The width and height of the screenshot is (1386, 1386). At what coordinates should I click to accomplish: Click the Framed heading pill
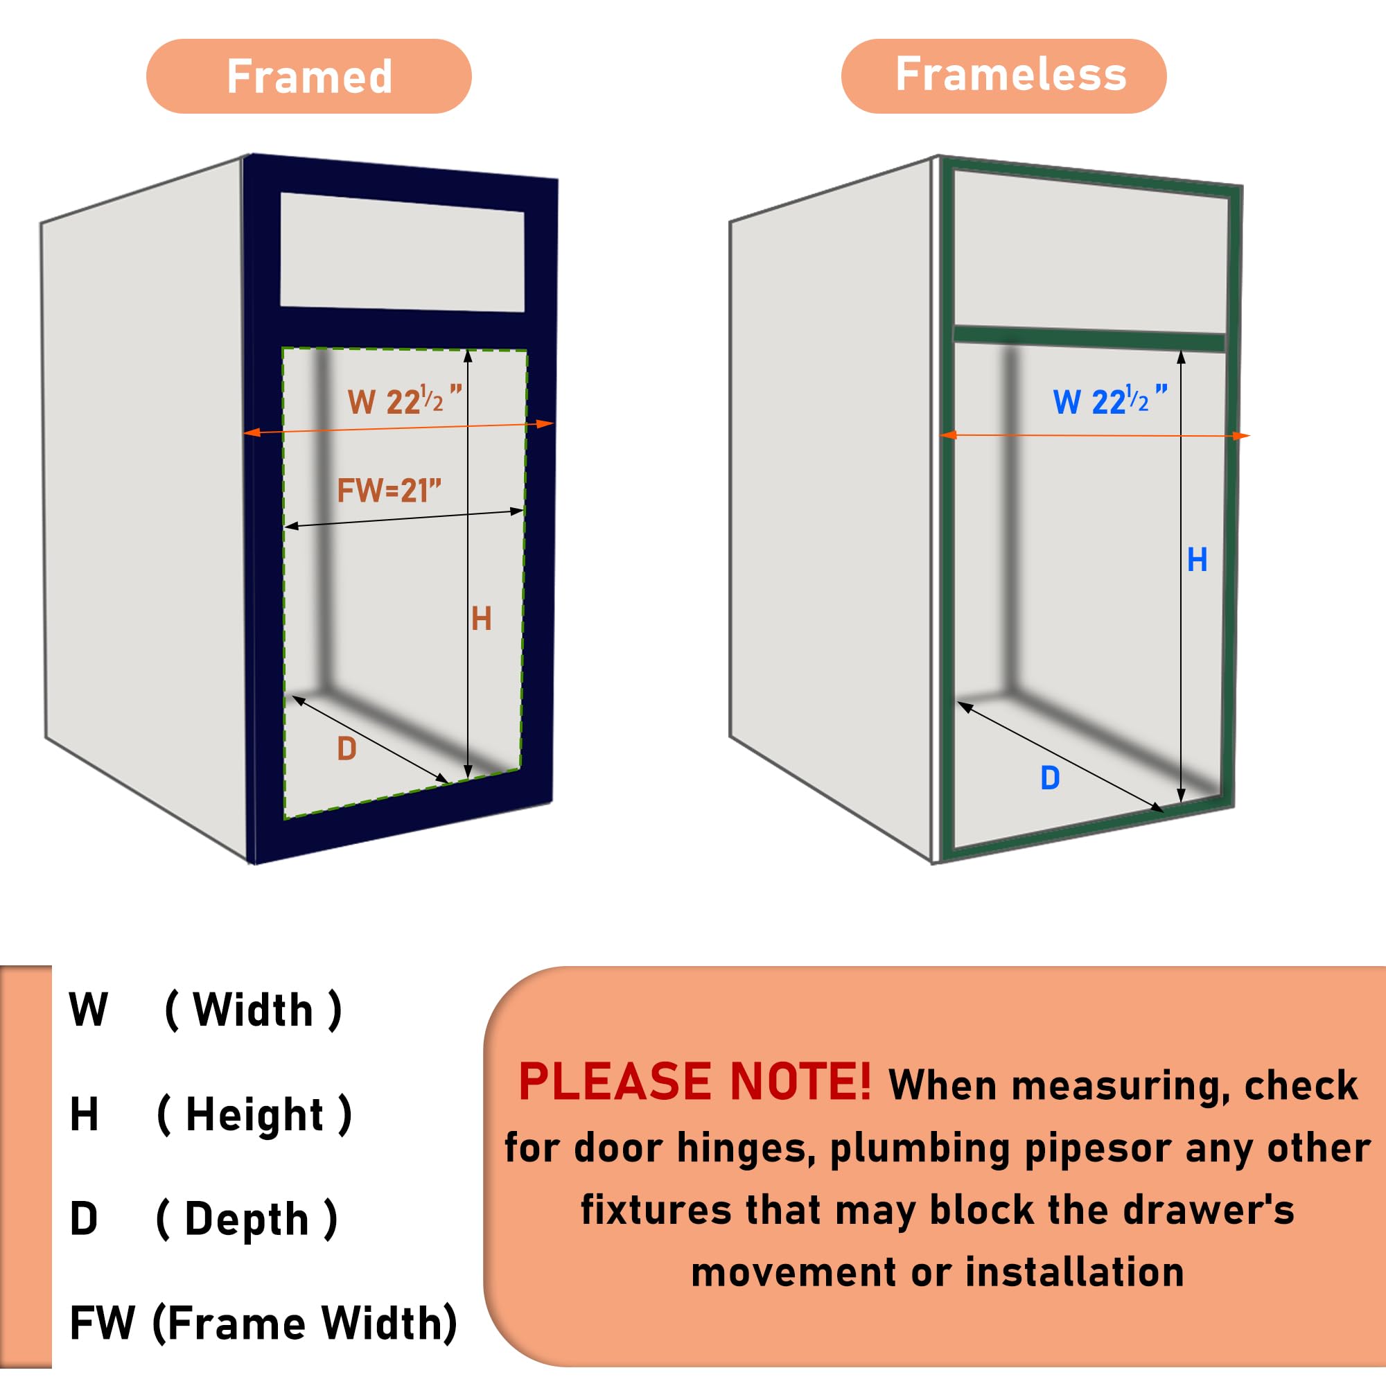308,76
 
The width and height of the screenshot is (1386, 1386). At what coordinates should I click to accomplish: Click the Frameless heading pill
1003,76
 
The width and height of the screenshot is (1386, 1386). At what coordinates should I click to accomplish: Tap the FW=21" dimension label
389,491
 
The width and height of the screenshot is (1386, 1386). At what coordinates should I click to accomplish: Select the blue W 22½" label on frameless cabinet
1109,400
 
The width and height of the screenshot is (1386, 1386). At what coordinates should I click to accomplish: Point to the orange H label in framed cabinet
482,618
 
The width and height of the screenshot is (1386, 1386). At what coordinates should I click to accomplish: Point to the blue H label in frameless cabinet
1197,559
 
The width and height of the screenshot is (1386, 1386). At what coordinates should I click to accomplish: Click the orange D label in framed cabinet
346,749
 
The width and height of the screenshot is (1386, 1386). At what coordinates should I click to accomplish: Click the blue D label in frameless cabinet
1049,778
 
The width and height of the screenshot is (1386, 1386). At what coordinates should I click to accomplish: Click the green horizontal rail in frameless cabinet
1089,338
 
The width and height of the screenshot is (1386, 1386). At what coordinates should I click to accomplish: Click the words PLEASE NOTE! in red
694,1082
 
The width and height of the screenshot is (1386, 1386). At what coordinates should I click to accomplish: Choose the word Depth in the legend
246,1219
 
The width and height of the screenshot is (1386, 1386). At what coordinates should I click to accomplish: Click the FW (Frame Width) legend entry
263,1323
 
